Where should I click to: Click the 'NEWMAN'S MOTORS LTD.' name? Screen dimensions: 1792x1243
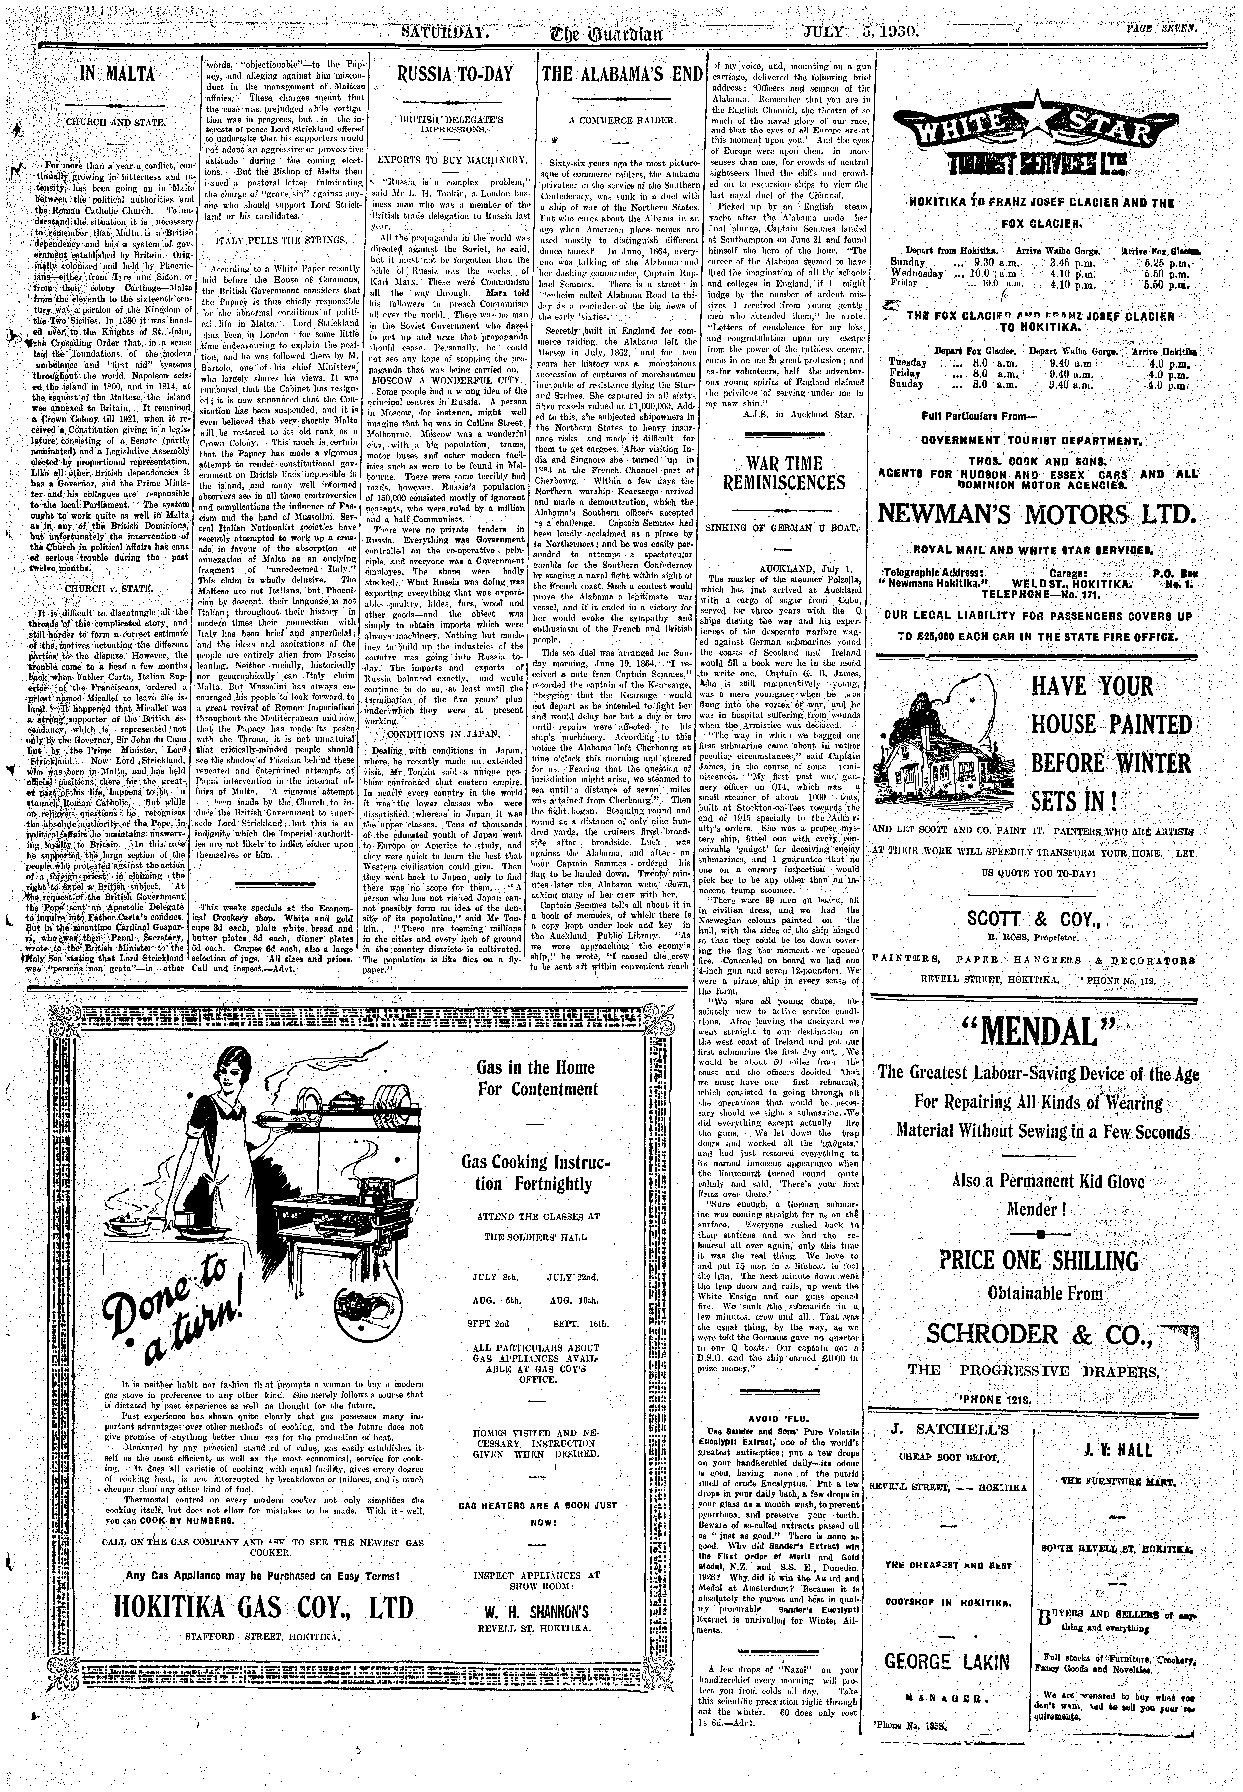click(1035, 515)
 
